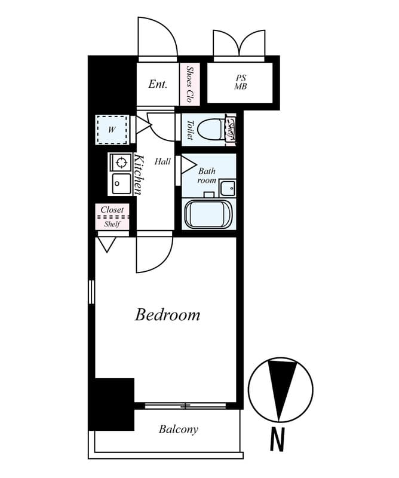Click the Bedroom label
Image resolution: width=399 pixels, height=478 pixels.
coord(167,315)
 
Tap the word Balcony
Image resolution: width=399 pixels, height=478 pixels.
coord(178,429)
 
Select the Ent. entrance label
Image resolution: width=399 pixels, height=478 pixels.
coord(157,84)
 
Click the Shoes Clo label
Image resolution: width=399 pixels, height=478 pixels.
coord(190,84)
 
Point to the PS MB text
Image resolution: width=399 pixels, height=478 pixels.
coord(240,82)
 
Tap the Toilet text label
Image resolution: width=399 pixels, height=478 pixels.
coord(189,130)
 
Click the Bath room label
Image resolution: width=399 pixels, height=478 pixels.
coord(207,176)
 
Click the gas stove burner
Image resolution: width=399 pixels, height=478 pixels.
coord(121,162)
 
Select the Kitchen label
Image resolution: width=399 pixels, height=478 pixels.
coord(138,174)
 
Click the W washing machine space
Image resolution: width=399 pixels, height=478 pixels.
coord(112,130)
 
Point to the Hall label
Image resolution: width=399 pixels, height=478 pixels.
coord(162,161)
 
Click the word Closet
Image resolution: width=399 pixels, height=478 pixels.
coord(112,210)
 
